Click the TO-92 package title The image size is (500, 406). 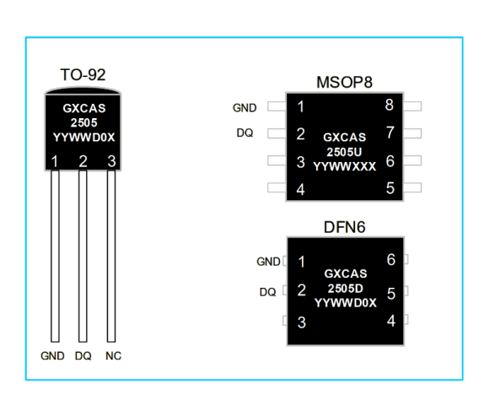(83, 74)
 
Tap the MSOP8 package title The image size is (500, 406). (344, 82)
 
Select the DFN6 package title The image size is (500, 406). (344, 227)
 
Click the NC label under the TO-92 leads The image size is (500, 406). (113, 356)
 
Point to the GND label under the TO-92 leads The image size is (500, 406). (52, 356)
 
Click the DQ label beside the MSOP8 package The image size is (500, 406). (245, 133)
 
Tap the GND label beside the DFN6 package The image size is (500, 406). (268, 262)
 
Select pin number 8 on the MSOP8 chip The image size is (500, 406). (390, 105)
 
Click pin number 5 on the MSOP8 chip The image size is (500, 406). (390, 188)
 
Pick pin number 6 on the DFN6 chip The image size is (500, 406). (391, 259)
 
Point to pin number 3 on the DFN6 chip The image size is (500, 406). (302, 322)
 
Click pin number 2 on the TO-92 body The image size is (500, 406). (83, 161)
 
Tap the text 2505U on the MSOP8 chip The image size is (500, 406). (344, 152)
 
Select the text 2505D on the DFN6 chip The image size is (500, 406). (346, 289)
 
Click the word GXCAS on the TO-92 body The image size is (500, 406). (84, 109)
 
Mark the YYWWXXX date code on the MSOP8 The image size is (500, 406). (345, 166)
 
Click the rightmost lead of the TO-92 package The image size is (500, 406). (111, 256)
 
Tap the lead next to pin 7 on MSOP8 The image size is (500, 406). (412, 133)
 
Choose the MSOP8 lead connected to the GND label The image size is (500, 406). (277, 106)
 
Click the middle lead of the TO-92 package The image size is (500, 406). (83, 256)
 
